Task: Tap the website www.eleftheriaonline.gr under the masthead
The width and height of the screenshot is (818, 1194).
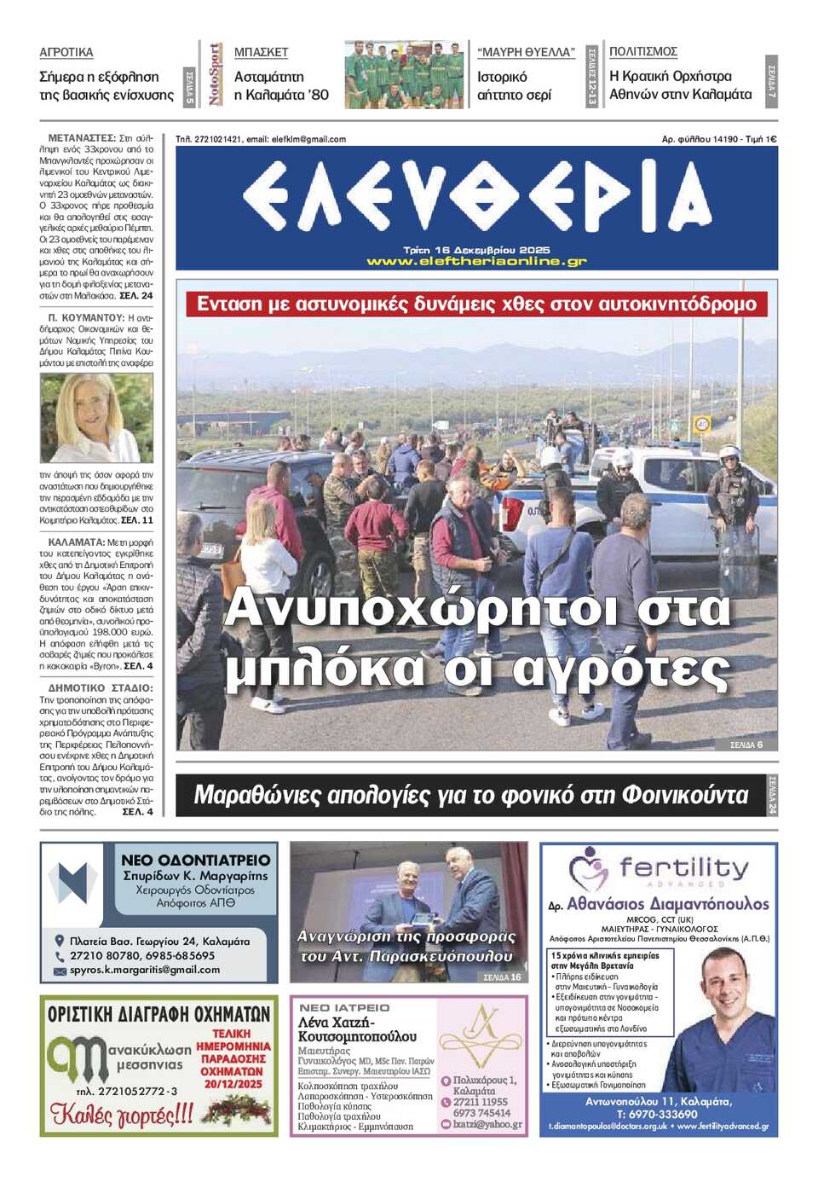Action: pos(476,262)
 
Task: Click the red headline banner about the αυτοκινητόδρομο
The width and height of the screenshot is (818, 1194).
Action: pos(476,304)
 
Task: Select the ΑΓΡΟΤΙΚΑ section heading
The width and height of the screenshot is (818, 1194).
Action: pos(66,53)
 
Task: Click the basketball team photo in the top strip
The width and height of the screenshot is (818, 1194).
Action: pos(404,74)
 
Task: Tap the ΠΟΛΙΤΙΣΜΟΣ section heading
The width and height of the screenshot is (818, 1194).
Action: pos(643,52)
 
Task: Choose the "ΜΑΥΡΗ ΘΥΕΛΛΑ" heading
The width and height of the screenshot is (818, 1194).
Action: pos(526,53)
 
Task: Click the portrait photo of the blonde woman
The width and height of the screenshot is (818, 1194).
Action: pos(96,418)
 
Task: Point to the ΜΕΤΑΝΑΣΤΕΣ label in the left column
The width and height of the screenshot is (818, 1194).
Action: pos(82,137)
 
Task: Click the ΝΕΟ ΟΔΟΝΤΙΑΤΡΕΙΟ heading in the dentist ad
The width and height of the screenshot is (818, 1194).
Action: pos(195,861)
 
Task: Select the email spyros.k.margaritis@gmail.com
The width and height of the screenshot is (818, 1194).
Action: pos(144,970)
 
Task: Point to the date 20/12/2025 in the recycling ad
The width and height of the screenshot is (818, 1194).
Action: pos(233,1084)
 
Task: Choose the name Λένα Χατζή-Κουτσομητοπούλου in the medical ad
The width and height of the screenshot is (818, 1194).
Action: pos(357,1029)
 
